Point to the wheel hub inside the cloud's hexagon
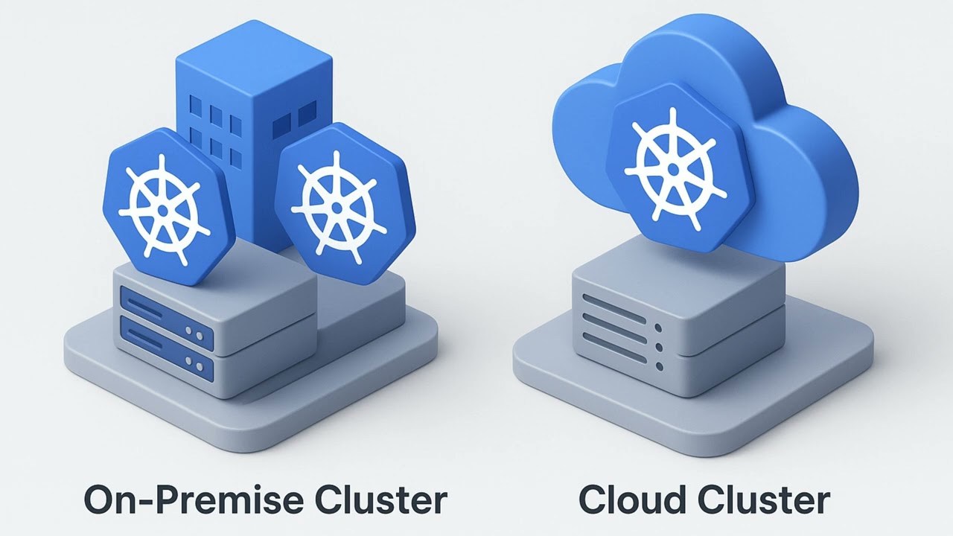(674, 170)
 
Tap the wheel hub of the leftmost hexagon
(163, 211)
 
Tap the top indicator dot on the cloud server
(658, 327)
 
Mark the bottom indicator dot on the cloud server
(658, 366)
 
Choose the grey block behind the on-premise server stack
(365, 305)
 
